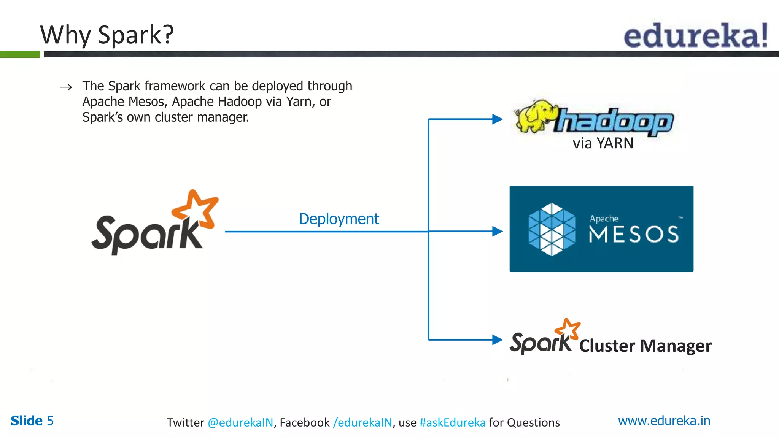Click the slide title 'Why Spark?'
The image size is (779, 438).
point(107,35)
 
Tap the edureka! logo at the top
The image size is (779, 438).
point(695,36)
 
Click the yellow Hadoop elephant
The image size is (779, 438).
point(534,116)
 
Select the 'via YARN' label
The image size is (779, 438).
point(603,143)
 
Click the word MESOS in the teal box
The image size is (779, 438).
point(633,234)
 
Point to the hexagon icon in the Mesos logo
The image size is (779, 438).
point(552,229)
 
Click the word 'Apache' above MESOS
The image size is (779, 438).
point(604,219)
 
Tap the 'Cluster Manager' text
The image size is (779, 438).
point(645,346)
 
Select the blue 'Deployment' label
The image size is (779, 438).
point(339,219)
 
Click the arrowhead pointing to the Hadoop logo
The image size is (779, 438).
point(497,119)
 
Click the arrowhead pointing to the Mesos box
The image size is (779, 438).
point(497,231)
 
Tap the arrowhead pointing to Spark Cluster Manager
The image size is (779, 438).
point(497,340)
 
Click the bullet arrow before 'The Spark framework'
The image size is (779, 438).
point(66,87)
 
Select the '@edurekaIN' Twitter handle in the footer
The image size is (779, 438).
point(240,422)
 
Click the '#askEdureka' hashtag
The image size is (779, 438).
point(452,422)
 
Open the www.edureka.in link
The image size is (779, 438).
point(664,421)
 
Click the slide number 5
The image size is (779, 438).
point(50,421)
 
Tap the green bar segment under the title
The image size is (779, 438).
point(20,54)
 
